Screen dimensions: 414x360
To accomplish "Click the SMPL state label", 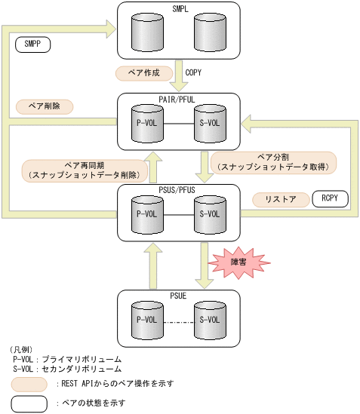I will click(x=178, y=8).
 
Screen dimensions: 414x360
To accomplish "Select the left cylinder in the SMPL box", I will click(x=146, y=32).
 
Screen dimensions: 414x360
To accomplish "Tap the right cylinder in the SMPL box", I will click(x=209, y=32).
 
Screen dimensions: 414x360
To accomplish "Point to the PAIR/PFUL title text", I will click(x=178, y=100).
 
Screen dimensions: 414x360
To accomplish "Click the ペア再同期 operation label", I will click(x=82, y=170).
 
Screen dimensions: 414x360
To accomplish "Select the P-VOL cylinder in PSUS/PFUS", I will click(x=146, y=213).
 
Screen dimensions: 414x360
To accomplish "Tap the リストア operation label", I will click(x=279, y=200).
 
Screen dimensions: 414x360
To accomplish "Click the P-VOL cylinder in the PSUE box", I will click(x=146, y=319).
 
